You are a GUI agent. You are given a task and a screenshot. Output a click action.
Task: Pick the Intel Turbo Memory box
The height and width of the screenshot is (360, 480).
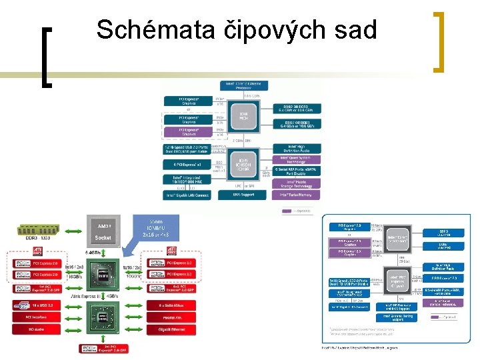click(x=296, y=195)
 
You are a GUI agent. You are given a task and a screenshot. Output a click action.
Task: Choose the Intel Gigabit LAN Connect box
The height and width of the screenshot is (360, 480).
click(x=187, y=195)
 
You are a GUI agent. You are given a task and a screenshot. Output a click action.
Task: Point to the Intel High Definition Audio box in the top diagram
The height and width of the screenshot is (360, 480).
click(x=296, y=148)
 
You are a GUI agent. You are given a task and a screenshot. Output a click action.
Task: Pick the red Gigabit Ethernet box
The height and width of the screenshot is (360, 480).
click(x=171, y=329)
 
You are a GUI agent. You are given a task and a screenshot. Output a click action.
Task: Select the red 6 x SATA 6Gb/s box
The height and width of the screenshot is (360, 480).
click(x=171, y=305)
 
